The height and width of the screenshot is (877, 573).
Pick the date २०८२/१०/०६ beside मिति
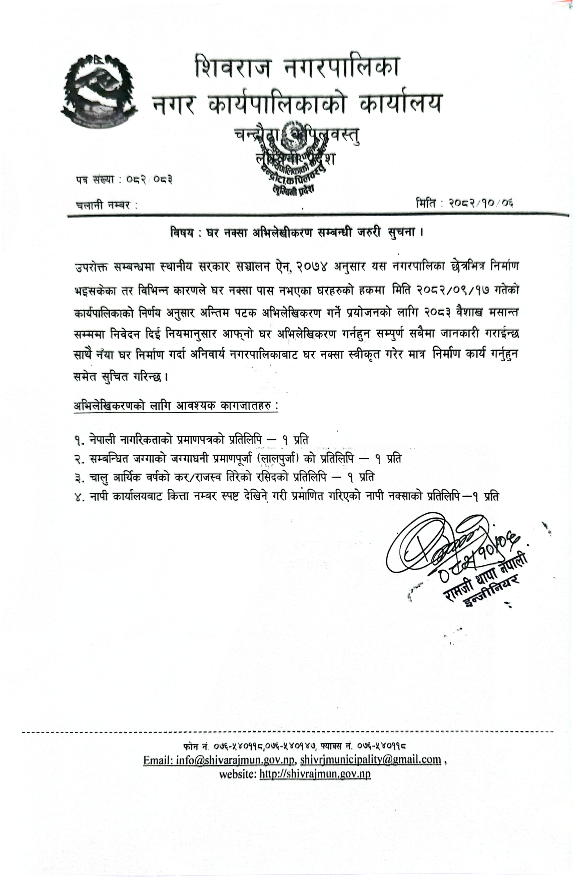(x=481, y=203)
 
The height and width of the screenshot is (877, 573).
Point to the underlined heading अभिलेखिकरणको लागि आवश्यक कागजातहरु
(x=176, y=406)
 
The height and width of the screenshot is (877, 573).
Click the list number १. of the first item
(x=79, y=440)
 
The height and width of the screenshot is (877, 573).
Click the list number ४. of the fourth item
(x=79, y=497)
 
